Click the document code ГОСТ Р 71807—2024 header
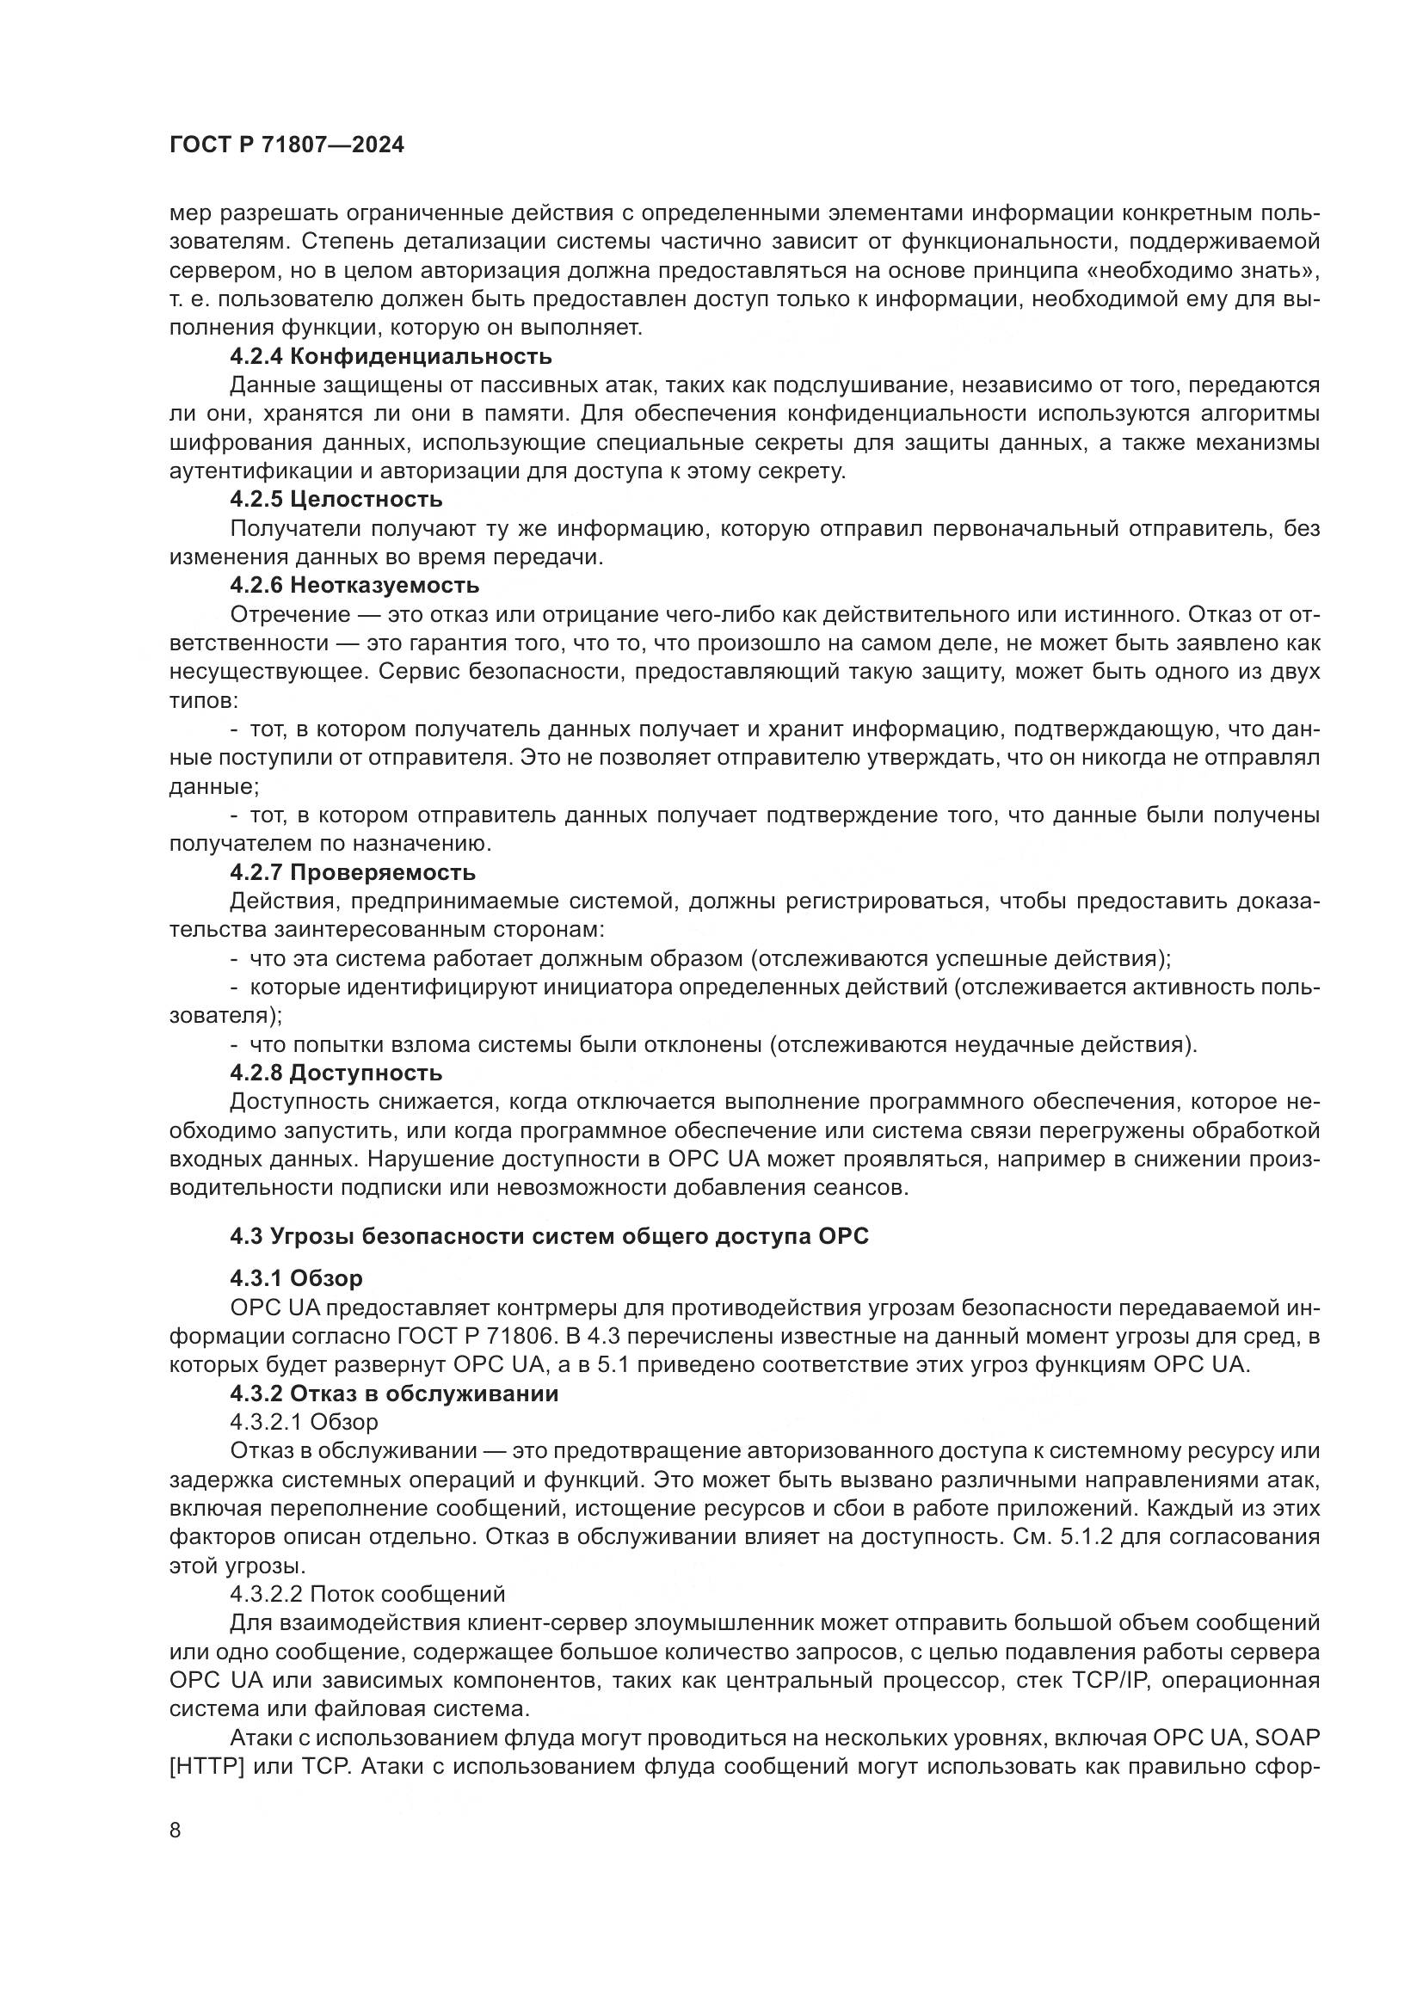(x=286, y=145)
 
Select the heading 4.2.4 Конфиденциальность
(x=391, y=357)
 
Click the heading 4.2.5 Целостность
(x=336, y=500)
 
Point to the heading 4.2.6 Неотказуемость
(x=354, y=584)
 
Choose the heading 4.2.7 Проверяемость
(x=353, y=872)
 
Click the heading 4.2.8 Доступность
(x=336, y=1073)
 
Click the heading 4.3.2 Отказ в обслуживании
(x=394, y=1394)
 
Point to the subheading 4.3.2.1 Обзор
(x=304, y=1421)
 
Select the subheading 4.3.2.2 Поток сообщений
(x=368, y=1593)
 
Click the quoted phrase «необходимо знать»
(x=1205, y=271)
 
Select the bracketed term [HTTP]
(x=206, y=1766)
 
